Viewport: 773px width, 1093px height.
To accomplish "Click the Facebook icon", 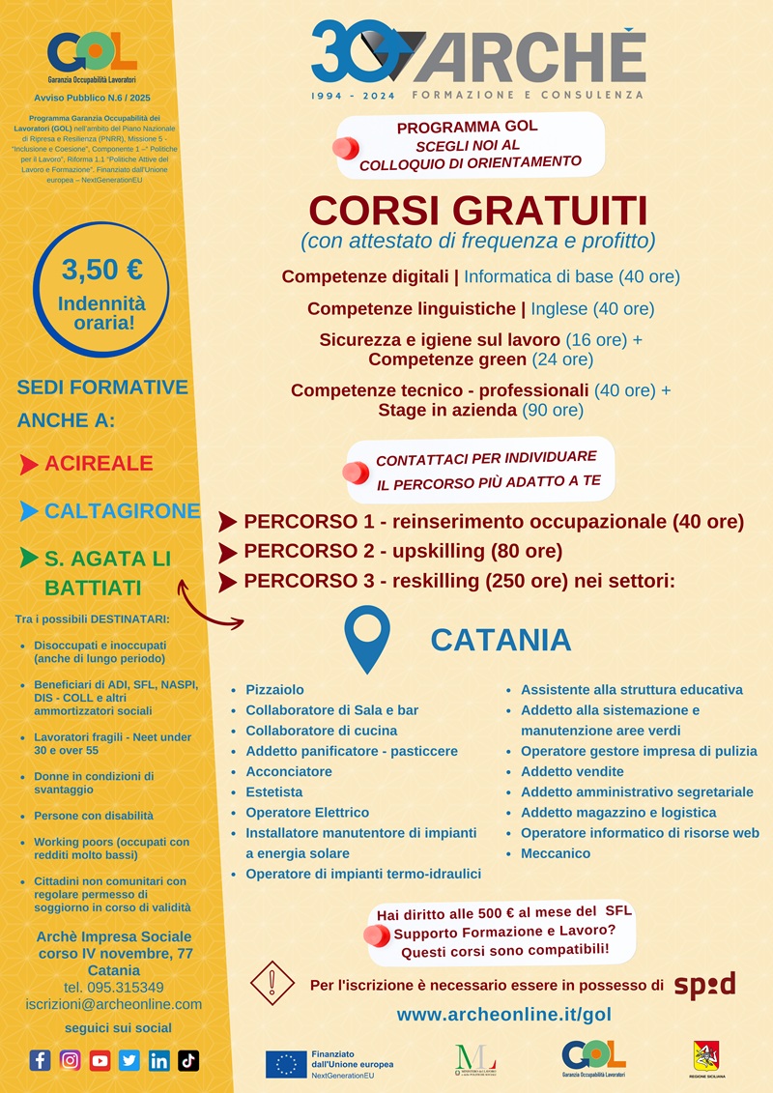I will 40,1060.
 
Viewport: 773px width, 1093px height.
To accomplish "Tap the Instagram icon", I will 70,1060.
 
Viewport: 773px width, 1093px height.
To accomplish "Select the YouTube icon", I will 100,1060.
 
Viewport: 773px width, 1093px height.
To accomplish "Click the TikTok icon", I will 188,1060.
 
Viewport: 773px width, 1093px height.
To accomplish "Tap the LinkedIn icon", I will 158,1060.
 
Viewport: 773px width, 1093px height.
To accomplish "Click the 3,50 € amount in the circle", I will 101,269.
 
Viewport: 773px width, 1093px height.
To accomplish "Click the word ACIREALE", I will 99,463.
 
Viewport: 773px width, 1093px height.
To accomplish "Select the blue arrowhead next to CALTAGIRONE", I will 29,511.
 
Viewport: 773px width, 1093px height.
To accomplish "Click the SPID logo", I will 704,985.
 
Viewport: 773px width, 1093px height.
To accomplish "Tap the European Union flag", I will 286,1063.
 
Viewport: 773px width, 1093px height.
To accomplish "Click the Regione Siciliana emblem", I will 705,1055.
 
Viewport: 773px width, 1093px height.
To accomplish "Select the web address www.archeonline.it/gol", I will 503,1015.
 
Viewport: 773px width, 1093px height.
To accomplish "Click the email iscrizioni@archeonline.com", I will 114,1004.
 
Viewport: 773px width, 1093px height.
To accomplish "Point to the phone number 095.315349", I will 114,987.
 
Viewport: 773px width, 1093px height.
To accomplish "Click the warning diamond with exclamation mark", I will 272,983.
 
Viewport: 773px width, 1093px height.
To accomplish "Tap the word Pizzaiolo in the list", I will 274,690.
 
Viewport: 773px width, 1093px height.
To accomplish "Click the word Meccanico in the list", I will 556,853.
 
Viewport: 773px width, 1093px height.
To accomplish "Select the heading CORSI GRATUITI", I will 477,211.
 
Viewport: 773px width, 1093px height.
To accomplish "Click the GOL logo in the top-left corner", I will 91,53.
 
